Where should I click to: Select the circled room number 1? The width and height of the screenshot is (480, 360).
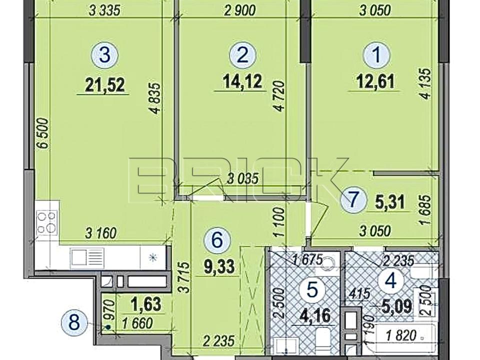377,55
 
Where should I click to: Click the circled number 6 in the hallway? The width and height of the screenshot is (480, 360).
217,240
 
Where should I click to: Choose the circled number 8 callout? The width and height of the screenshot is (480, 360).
74,323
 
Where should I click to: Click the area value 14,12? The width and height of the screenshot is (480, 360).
242,81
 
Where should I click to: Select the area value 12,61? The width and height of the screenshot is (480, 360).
375,81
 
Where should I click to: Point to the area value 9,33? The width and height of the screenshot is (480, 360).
219,266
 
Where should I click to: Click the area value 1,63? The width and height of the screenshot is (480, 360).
145,304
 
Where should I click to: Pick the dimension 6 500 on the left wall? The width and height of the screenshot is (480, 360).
44,133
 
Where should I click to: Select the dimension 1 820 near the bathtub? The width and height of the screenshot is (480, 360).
401,336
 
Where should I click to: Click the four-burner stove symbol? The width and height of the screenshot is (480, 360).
47,222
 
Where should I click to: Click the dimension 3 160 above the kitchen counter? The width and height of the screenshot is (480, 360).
100,234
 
